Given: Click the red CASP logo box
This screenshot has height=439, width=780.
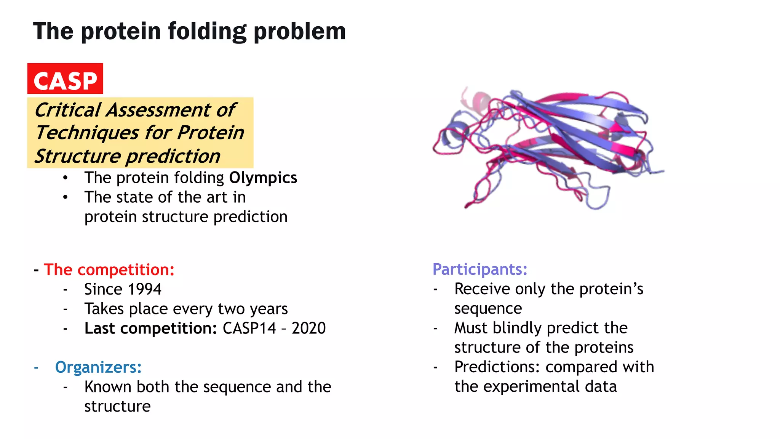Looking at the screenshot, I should point(65,79).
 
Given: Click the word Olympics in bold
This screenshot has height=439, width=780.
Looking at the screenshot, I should point(263,178).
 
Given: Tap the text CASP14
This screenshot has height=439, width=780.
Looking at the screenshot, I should point(249,328).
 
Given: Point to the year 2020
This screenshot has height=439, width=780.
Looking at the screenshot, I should point(308,328).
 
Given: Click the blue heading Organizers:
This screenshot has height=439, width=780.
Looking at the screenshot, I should point(98,367).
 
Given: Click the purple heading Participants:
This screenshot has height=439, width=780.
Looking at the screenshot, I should point(480,269).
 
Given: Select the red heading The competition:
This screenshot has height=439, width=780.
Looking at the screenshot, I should point(109,270).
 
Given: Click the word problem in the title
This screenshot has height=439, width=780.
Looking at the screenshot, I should point(299,32).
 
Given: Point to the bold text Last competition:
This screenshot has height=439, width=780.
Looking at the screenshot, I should point(150,328).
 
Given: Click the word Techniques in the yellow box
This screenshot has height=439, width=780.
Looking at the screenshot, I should point(87,133).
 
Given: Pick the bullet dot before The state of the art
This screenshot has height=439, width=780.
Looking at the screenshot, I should point(66,197).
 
